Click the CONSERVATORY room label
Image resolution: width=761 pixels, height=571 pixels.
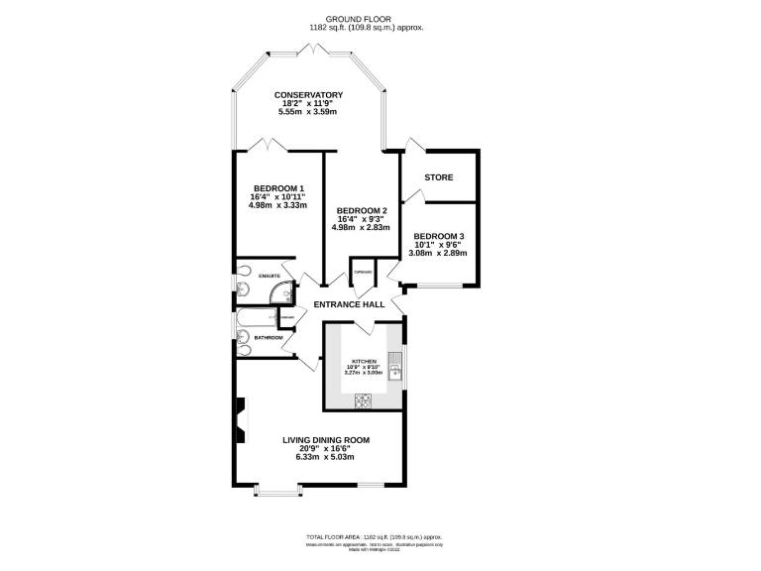(308, 95)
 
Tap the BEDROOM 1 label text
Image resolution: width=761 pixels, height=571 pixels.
(278, 188)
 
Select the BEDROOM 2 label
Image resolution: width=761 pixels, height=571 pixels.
(362, 211)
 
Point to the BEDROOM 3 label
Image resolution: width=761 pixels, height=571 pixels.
(439, 236)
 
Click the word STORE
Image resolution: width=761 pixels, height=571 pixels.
(439, 177)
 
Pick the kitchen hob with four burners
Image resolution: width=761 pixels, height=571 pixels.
(363, 400)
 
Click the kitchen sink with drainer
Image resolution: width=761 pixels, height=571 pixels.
(394, 368)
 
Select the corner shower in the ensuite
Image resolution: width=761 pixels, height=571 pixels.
(285, 291)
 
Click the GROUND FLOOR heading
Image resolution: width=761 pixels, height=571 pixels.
(380, 19)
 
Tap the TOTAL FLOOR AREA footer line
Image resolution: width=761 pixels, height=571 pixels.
(380, 534)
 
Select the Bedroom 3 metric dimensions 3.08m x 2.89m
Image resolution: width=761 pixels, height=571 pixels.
(439, 254)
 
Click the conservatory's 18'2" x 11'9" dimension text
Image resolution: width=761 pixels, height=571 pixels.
(308, 104)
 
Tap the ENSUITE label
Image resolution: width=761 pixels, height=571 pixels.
(268, 276)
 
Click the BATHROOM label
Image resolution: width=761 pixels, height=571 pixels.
(268, 338)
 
